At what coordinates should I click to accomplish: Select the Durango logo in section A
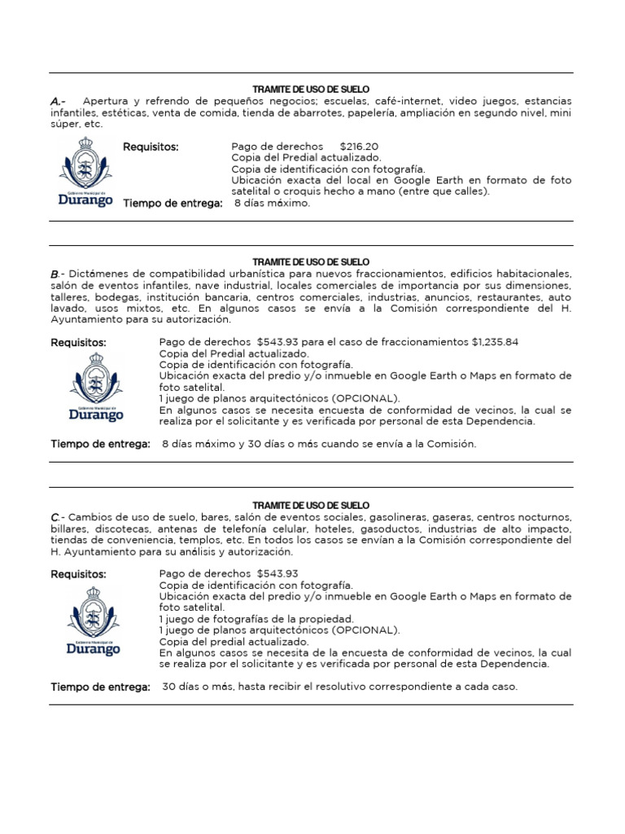pyautogui.click(x=85, y=172)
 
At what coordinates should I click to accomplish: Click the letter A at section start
pyautogui.click(x=56, y=101)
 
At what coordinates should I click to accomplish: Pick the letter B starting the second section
pyautogui.click(x=55, y=274)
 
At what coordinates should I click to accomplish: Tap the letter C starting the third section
pyautogui.click(x=55, y=517)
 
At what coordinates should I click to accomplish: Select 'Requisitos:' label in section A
pyautogui.click(x=151, y=147)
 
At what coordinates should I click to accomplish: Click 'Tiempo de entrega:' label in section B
pyautogui.click(x=100, y=444)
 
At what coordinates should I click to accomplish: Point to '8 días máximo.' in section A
pyautogui.click(x=273, y=204)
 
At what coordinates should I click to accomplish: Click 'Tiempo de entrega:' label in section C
pyautogui.click(x=100, y=687)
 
